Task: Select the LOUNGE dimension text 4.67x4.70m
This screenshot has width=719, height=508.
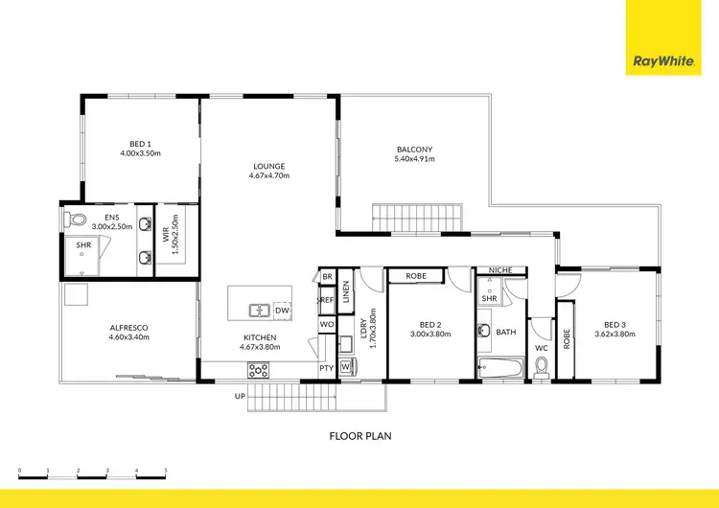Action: point(269,176)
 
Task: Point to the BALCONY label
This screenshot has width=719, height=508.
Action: point(415,149)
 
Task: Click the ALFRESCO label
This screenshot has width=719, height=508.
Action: point(129,327)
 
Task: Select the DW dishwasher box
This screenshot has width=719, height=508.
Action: point(282,311)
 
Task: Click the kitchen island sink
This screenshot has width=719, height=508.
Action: point(259,311)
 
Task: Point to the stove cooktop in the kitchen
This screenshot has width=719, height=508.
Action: point(258,370)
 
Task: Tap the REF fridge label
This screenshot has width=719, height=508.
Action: point(327,300)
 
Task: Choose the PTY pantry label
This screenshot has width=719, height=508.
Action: point(326,368)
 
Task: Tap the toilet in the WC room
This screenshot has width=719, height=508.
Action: point(541,366)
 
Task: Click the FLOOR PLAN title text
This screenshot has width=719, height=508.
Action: point(359,435)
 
